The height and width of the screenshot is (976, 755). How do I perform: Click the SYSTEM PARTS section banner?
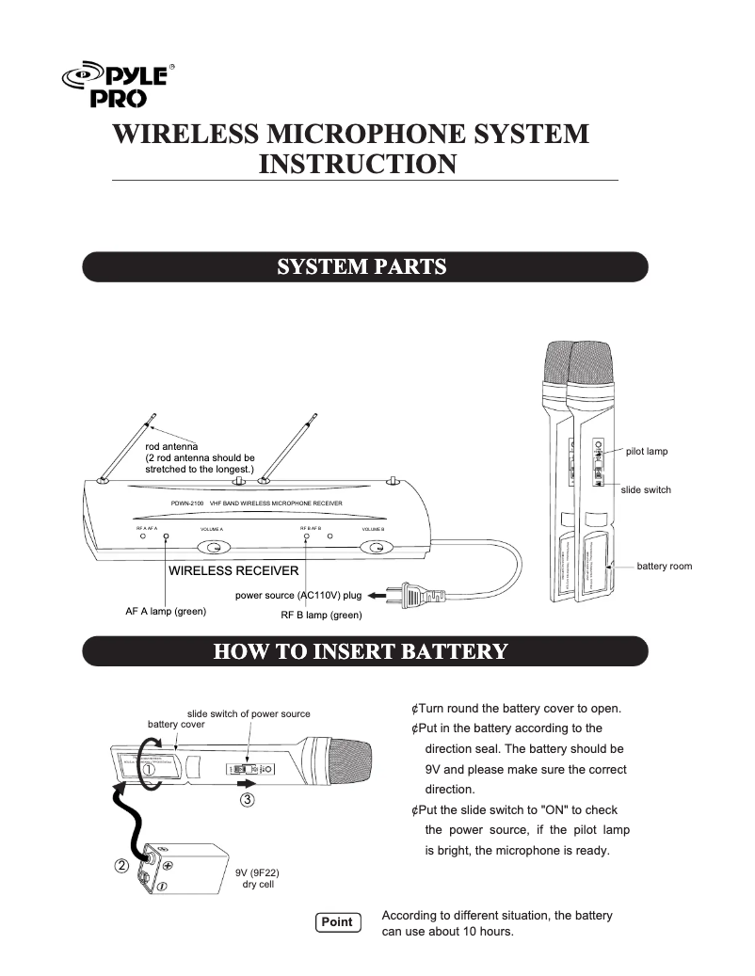(365, 266)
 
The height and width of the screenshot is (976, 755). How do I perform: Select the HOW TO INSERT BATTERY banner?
(365, 650)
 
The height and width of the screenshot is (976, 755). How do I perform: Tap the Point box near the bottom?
(336, 921)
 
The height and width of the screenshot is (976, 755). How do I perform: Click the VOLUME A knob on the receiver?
(215, 549)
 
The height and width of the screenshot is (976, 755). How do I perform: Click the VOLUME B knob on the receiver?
(377, 549)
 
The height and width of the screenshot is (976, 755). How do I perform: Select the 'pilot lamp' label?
(647, 452)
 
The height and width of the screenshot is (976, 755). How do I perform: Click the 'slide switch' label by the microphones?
(647, 490)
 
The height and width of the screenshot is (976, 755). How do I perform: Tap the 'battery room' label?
(665, 567)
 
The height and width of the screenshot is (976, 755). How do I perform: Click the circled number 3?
(247, 801)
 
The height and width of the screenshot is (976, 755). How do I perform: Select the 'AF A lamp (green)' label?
(166, 612)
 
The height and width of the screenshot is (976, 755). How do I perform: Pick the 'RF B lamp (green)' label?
(321, 616)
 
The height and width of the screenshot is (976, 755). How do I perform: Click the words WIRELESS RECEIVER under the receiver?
(233, 571)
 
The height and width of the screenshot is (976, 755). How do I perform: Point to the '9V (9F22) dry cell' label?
(258, 879)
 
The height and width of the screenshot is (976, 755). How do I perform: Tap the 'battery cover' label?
(176, 725)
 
